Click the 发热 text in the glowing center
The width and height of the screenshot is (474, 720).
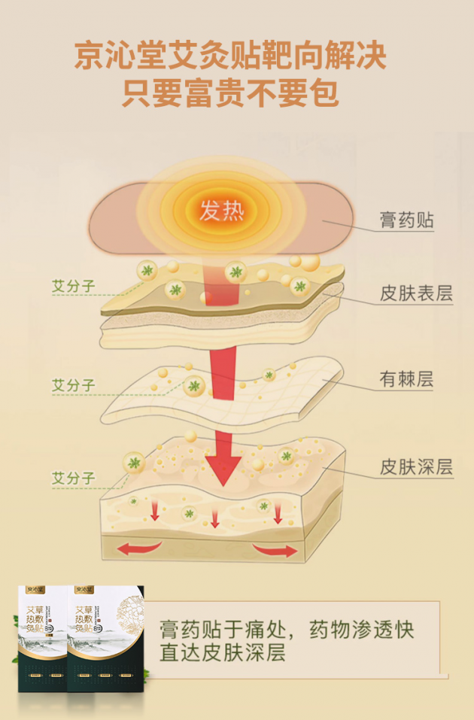click(x=222, y=210)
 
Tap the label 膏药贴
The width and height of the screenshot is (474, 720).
click(x=406, y=221)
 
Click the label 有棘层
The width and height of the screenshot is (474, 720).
click(x=406, y=381)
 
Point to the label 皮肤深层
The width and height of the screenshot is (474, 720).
click(x=416, y=467)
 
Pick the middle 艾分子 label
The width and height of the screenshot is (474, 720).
click(x=73, y=385)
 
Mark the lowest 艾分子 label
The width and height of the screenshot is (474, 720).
click(x=73, y=478)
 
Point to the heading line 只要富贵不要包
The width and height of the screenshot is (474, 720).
click(x=231, y=95)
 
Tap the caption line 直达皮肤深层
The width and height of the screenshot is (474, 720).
click(x=223, y=652)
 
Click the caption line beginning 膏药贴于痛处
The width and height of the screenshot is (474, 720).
click(x=287, y=628)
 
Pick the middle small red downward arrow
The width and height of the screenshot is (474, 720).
click(x=215, y=518)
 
